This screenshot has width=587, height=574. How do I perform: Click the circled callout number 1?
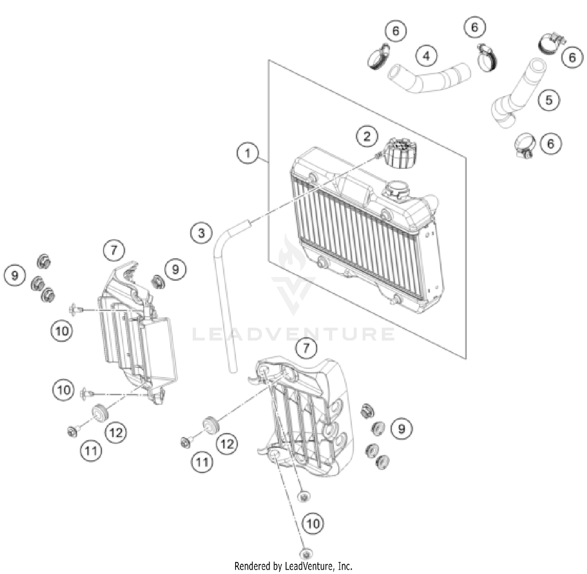click(x=247, y=153)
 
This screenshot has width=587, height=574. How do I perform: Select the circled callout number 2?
click(x=367, y=136)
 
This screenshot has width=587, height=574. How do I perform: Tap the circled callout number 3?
click(x=201, y=233)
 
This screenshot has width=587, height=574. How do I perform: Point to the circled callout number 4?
click(x=426, y=55)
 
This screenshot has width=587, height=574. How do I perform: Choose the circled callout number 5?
click(x=549, y=100)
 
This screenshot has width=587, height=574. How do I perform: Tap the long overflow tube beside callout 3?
click(x=224, y=297)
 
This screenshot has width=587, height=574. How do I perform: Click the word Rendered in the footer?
click(x=252, y=566)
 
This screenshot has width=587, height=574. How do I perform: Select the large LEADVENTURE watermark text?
click(x=293, y=334)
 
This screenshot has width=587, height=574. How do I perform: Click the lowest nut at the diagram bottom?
click(x=306, y=554)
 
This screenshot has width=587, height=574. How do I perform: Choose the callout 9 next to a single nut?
click(x=175, y=269)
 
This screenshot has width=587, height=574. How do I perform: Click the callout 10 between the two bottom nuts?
click(x=313, y=523)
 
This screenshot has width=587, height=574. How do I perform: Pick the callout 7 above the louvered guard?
click(x=114, y=250)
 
